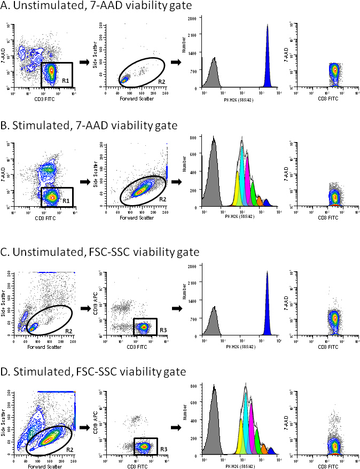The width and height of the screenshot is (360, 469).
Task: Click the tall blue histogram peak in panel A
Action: [268, 59]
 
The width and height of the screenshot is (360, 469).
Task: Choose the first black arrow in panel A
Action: [84, 62]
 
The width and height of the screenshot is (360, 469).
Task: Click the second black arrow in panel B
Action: [176, 182]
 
